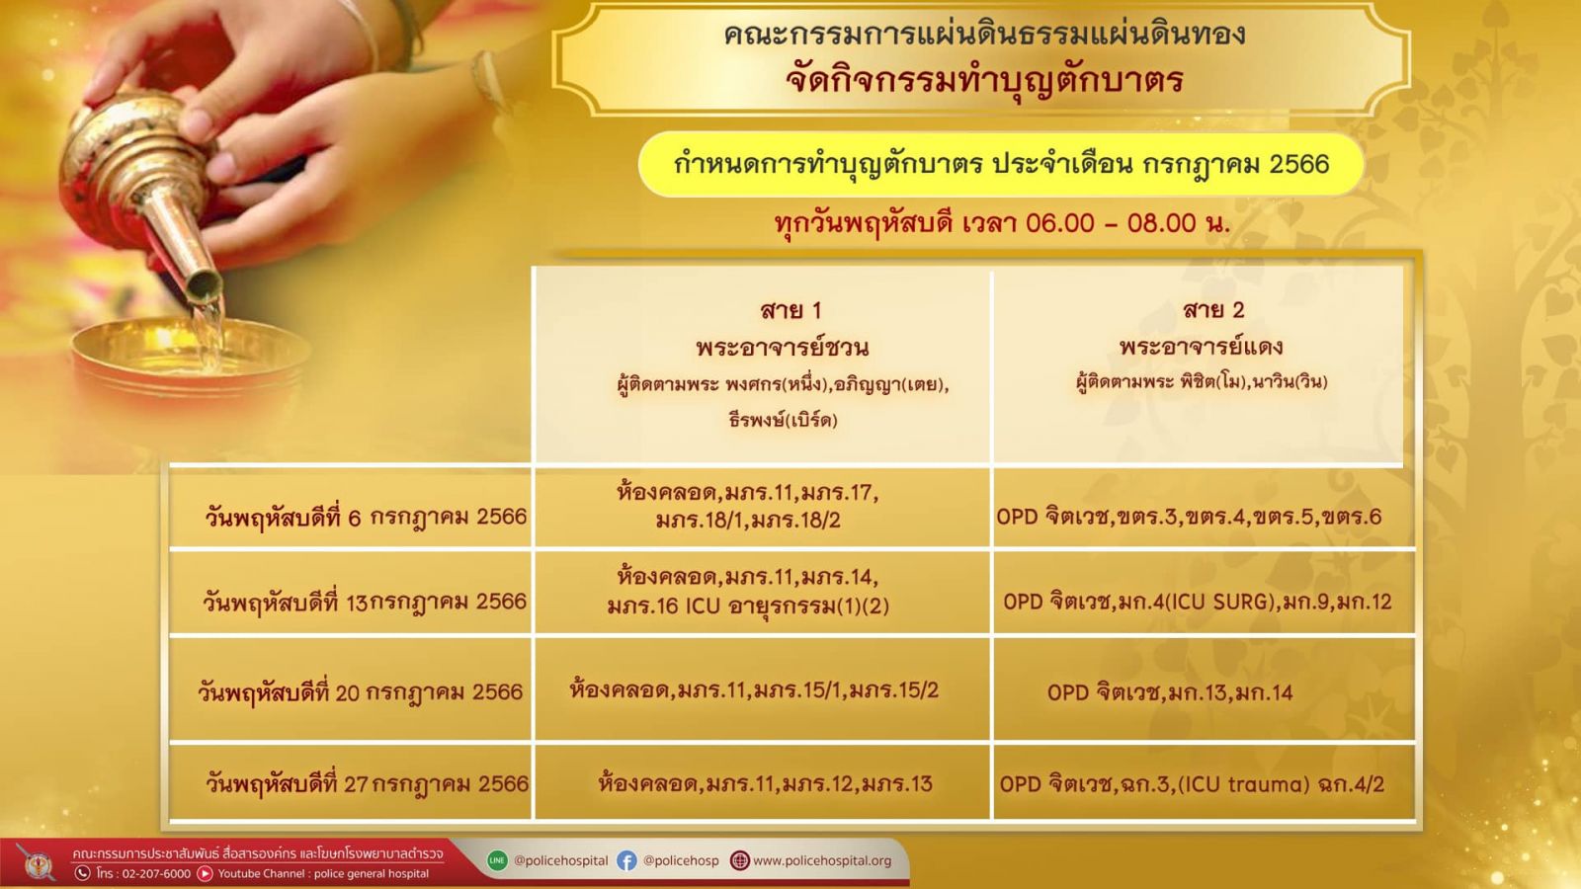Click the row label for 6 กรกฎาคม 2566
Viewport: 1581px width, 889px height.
point(366,518)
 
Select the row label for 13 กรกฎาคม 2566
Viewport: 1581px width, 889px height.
point(365,603)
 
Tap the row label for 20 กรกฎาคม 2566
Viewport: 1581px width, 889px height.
point(360,692)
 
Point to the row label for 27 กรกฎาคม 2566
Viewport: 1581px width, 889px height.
point(367,784)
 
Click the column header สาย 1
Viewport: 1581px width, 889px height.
point(790,310)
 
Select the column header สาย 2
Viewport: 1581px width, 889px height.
point(1213,310)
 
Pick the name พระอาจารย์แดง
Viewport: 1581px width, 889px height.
point(1201,347)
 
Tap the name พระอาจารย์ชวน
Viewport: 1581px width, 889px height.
point(782,347)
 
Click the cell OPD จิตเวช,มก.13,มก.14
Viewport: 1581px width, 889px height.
point(1170,692)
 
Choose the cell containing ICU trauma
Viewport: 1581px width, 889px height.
point(1192,784)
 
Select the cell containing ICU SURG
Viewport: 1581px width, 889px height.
point(1197,602)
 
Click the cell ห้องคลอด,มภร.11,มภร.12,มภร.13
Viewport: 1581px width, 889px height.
point(765,783)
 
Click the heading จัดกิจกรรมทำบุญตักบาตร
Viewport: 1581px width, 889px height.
point(984,80)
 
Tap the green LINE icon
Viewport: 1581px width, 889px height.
point(498,860)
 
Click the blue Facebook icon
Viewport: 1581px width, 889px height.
point(626,860)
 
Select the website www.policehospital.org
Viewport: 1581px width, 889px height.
point(822,860)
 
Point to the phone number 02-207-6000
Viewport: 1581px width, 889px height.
point(153,873)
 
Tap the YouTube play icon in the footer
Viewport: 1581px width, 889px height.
point(205,873)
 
